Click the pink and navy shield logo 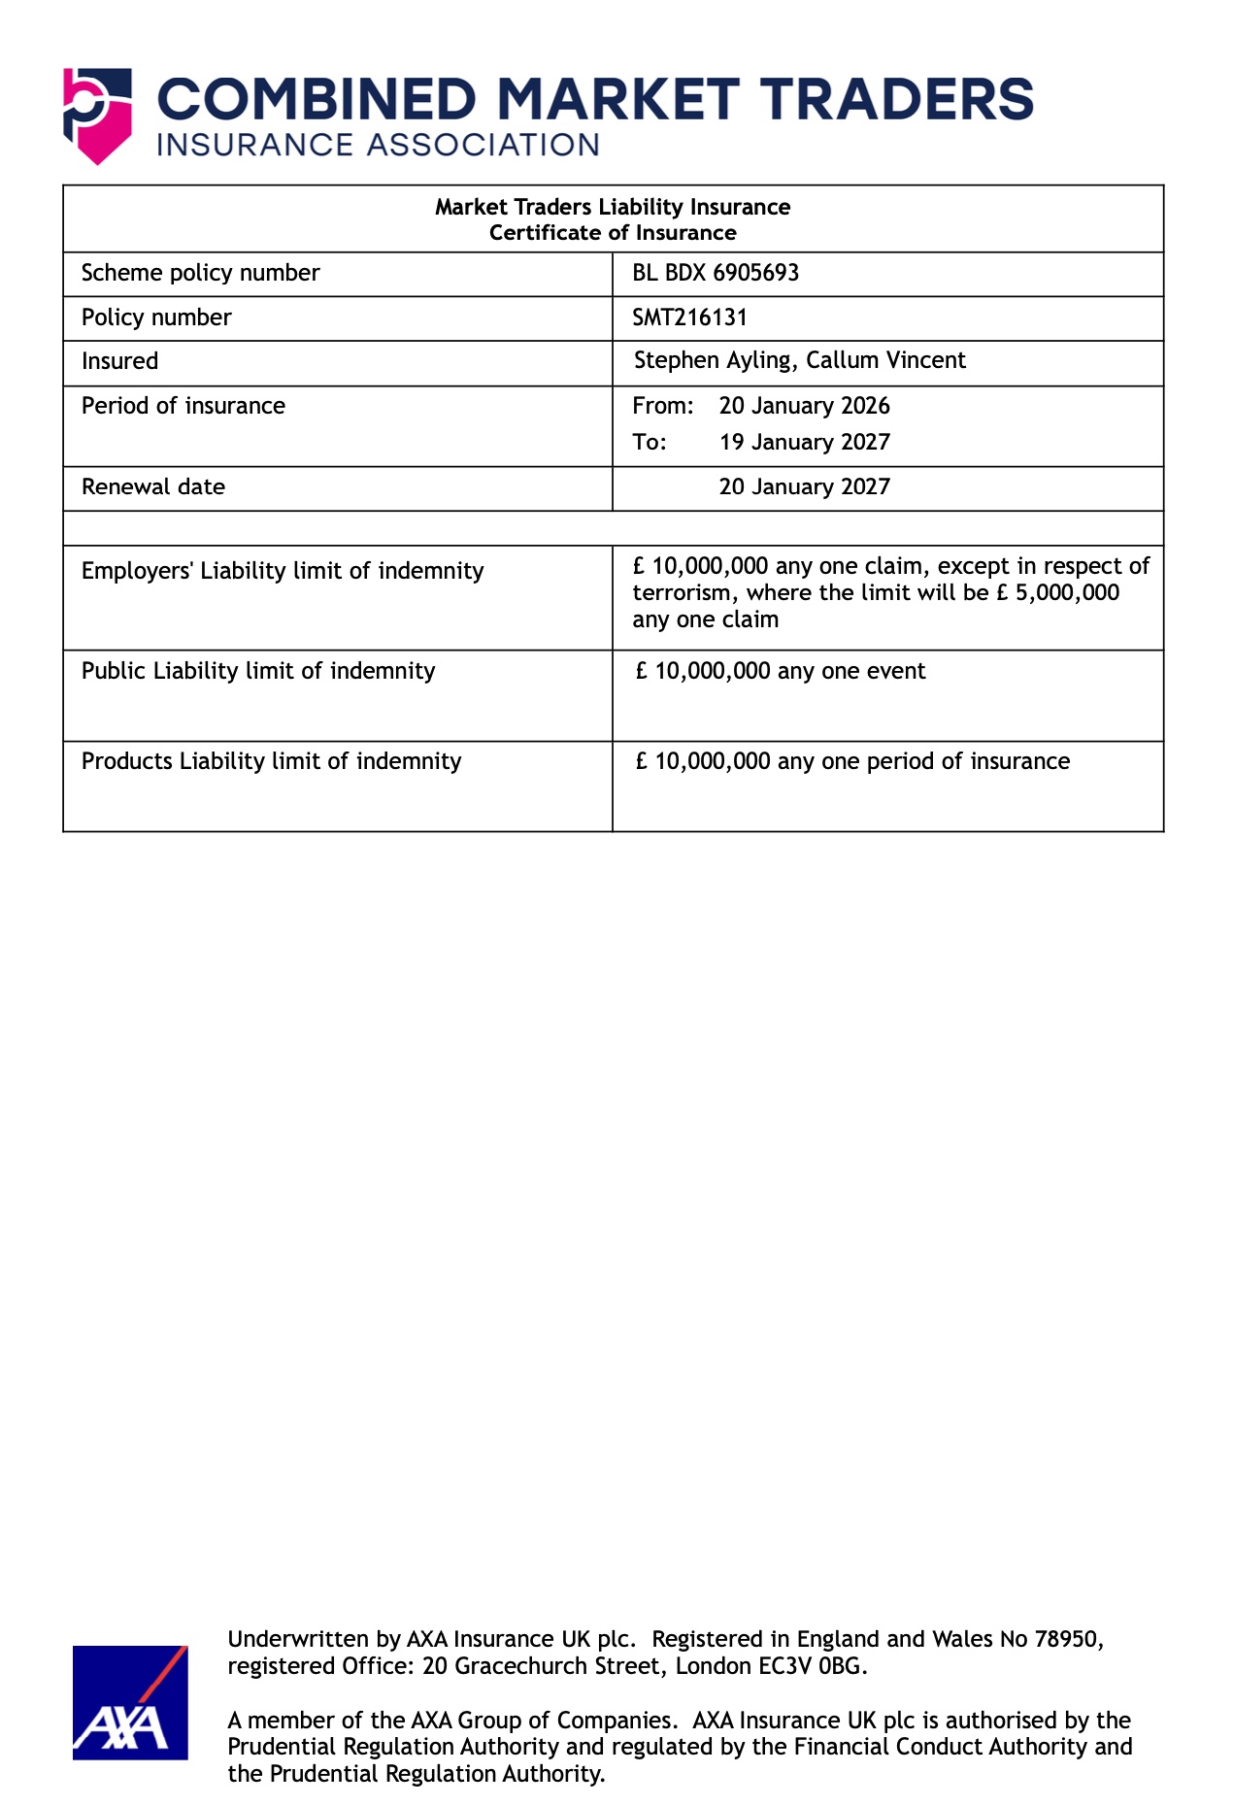click(97, 115)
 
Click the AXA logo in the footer click(130, 1702)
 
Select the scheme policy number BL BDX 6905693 click(716, 273)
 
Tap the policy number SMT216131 click(689, 318)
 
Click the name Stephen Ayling click(714, 360)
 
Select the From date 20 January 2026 click(804, 406)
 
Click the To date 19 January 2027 click(804, 443)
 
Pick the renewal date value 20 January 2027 click(804, 486)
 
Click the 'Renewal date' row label click(153, 486)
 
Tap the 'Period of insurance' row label click(183, 406)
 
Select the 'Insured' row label click(119, 361)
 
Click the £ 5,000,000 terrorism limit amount click(1058, 593)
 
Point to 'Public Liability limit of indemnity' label click(258, 671)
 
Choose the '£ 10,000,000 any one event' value click(781, 671)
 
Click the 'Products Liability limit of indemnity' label click(272, 761)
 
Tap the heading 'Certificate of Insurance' click(613, 233)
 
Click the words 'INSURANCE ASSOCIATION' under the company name click(378, 146)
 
